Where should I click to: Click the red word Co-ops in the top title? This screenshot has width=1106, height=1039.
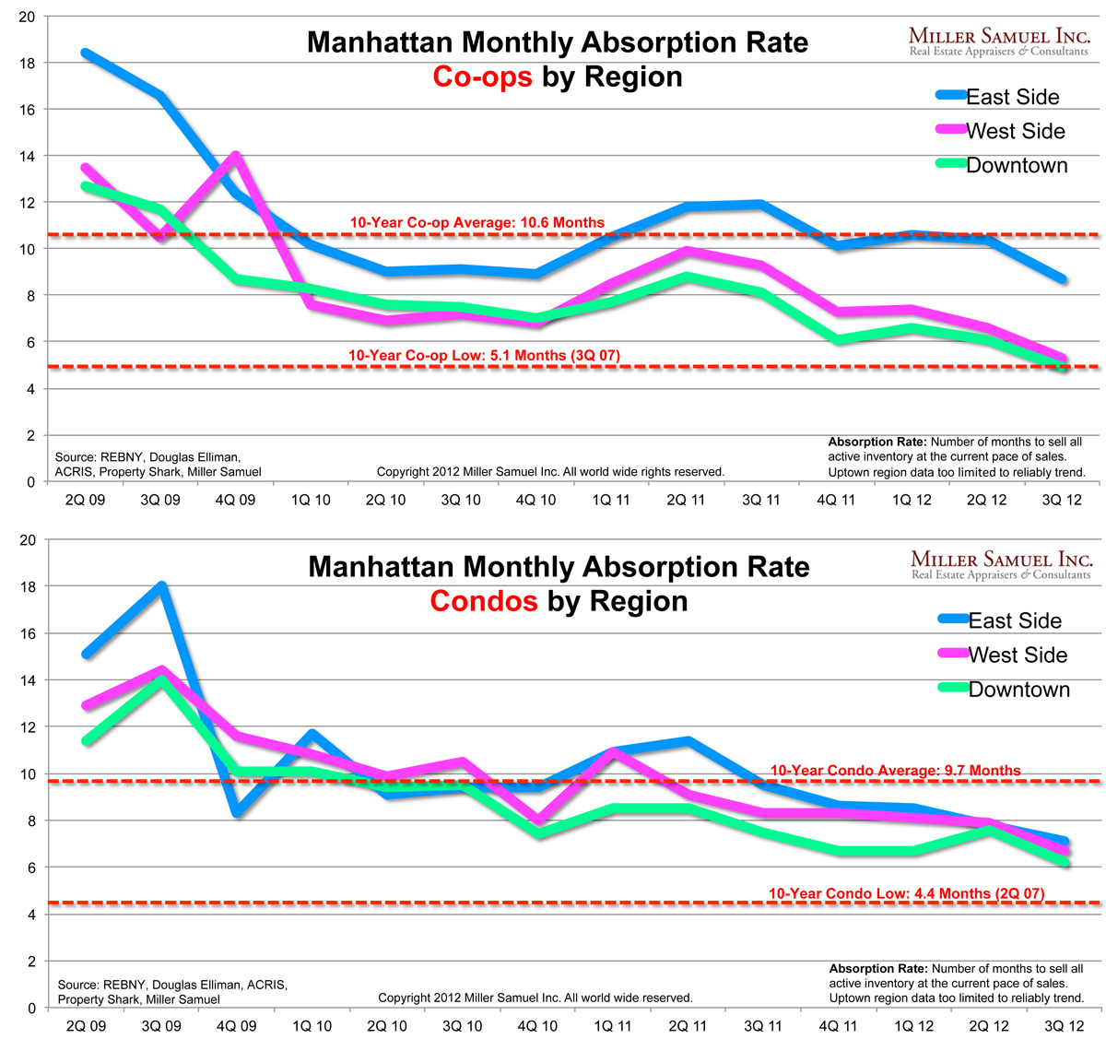(483, 77)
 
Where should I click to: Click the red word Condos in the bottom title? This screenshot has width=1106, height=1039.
(484, 601)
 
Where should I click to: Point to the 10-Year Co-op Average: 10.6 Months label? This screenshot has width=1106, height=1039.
(477, 222)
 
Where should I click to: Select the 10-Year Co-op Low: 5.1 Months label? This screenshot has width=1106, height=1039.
(484, 355)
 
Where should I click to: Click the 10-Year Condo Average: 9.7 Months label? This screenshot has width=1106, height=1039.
(895, 771)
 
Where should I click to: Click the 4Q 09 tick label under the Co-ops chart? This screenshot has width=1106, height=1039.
(235, 500)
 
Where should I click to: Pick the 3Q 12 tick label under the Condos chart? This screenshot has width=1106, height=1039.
(1063, 1026)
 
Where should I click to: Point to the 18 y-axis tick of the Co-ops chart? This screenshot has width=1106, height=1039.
(27, 64)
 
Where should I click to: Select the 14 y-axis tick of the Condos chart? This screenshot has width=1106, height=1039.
(27, 680)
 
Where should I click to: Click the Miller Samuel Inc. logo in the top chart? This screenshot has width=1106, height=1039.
(999, 41)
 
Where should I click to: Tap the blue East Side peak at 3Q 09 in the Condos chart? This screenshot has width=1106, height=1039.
(161, 585)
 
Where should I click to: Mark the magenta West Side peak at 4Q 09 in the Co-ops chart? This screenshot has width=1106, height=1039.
(236, 155)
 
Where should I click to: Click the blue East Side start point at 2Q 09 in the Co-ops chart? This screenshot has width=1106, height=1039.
(86, 53)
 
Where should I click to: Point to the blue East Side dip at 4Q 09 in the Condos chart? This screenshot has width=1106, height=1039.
(237, 812)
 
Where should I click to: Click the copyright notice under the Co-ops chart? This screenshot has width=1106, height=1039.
(550, 472)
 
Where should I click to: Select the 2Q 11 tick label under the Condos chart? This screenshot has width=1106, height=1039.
(688, 1026)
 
